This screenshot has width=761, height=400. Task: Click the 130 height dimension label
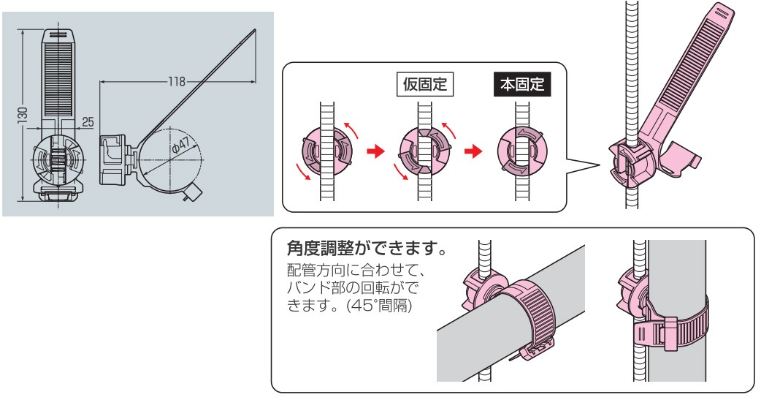tap(23, 114)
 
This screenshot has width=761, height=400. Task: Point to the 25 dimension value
tap(88, 121)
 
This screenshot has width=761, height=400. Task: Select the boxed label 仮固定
tap(425, 84)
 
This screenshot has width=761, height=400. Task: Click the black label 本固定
tap(522, 84)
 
